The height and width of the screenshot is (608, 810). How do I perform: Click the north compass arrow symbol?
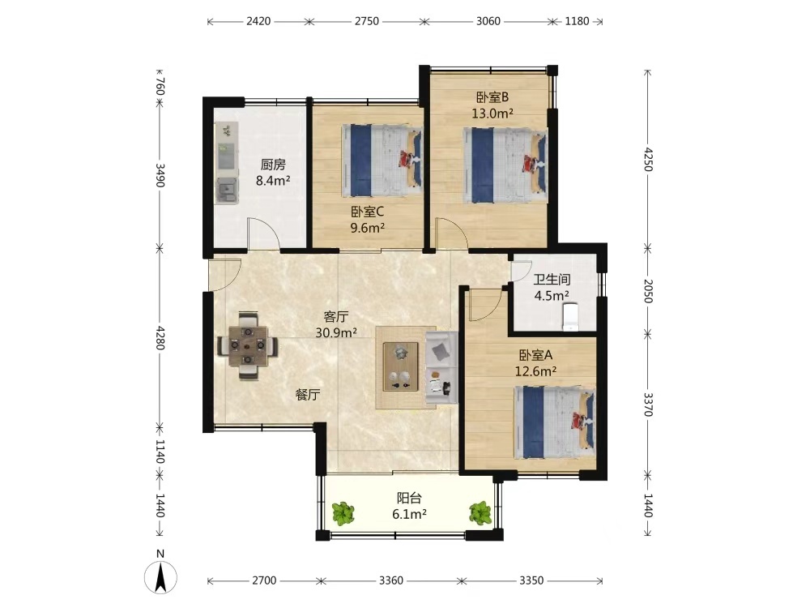point(160,576)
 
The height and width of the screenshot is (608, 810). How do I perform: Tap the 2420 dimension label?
point(258,21)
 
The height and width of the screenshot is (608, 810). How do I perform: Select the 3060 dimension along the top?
point(488,21)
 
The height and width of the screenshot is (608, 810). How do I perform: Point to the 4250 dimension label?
point(648,160)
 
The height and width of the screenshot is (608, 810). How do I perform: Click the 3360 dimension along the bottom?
point(391,580)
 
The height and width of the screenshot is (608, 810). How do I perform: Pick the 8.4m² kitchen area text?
point(273,181)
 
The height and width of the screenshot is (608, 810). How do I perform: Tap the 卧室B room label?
point(492,97)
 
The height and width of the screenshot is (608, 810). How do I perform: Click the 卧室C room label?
point(367,212)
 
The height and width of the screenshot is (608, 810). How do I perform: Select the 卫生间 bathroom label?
point(552,279)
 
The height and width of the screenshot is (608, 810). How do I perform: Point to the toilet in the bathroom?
point(569,316)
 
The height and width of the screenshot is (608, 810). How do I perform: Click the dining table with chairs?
point(247,345)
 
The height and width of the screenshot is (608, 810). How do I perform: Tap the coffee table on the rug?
point(400,366)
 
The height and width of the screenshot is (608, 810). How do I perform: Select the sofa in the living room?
point(441,367)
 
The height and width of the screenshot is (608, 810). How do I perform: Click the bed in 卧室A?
point(555,422)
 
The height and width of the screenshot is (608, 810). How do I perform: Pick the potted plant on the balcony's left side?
point(342,514)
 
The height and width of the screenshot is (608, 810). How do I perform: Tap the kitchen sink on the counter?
point(227,190)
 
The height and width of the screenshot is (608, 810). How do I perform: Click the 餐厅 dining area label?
point(307,395)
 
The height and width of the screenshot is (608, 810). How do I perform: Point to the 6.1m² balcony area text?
point(409,514)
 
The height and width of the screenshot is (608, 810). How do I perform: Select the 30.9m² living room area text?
point(336,332)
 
